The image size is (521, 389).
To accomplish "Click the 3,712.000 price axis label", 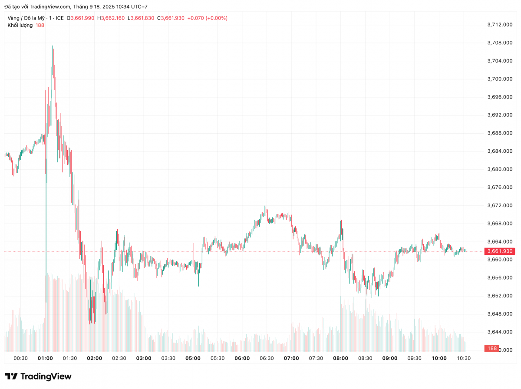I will coord(501,25).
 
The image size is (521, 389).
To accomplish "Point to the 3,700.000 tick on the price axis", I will coord(501,79).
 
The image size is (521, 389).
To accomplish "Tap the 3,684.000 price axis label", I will coord(501,151).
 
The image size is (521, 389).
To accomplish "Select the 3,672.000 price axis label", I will coord(501,205).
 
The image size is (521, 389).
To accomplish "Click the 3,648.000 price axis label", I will coord(501,314).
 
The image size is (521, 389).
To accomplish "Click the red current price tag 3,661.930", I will coord(500,251).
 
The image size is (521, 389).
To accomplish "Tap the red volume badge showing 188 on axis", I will coord(492,349).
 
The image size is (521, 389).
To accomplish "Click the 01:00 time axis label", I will coord(46,358).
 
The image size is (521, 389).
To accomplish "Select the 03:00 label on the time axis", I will coord(144,358).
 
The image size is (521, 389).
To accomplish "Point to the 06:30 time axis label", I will coord(267,358).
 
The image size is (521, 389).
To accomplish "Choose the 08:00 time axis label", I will coord(340,358).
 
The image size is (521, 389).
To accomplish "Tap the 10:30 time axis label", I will coord(464,358).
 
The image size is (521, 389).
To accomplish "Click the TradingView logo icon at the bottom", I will coord(11,376).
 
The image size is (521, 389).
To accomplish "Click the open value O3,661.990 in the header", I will coord(81,18).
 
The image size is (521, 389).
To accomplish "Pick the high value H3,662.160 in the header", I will coord(111,18).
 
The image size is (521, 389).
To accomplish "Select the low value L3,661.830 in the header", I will coord(141,18).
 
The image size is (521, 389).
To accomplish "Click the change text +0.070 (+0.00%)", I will coord(207,18).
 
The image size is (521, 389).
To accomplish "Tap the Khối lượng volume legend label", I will coord(20,25).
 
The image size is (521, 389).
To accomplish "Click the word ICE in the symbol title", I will coord(59,18).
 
